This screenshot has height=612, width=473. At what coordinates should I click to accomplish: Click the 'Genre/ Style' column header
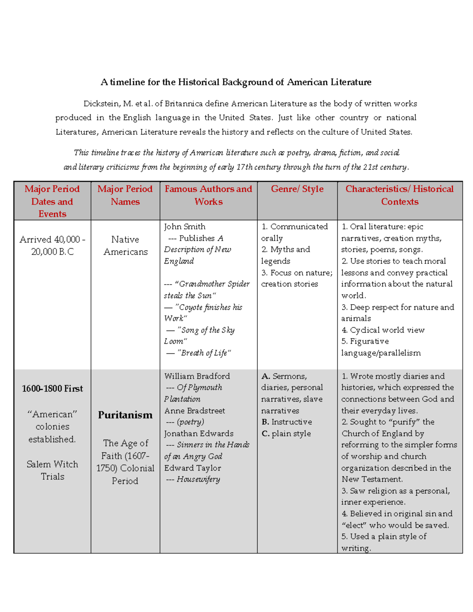click(297, 189)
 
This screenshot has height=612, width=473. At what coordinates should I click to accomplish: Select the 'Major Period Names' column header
click(125, 195)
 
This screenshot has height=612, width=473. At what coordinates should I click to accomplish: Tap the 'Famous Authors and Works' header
click(209, 195)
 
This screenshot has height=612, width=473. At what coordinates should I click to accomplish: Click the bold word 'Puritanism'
click(125, 415)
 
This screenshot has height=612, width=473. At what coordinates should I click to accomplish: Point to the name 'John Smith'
click(184, 227)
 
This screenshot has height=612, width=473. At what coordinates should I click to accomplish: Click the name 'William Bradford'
click(197, 376)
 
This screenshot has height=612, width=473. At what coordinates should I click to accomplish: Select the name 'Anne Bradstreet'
click(194, 411)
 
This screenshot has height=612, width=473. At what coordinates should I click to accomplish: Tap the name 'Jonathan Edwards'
click(199, 433)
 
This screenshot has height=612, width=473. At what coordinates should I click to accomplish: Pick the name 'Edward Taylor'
click(192, 468)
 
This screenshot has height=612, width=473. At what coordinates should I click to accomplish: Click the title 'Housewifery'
click(198, 479)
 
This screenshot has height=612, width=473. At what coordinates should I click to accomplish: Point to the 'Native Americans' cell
click(125, 246)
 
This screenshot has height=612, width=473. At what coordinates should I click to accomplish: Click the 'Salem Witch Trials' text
click(52, 470)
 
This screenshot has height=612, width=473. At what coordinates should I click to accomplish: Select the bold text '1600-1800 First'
click(52, 389)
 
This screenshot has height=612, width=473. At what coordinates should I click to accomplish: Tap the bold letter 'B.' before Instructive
click(265, 422)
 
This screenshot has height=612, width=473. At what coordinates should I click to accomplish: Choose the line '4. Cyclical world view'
click(383, 330)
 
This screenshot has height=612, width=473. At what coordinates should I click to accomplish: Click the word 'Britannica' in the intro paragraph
click(184, 104)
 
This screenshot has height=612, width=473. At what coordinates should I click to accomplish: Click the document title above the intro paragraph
click(236, 82)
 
